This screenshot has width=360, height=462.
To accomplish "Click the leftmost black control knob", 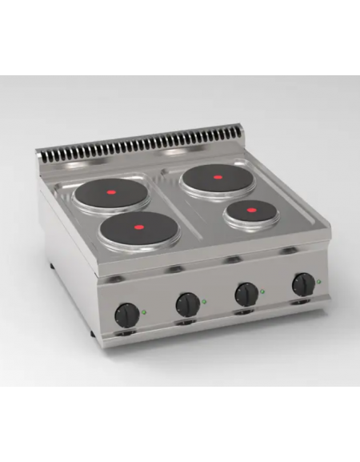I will (x=127, y=312).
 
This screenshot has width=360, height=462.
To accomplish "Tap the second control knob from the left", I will (x=187, y=302).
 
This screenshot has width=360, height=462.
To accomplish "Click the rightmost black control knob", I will (x=303, y=283).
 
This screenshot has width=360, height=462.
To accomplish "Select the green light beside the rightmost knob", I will (x=319, y=281).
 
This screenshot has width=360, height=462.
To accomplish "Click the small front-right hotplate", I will (x=250, y=211).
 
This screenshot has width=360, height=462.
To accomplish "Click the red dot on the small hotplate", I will (x=250, y=211).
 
